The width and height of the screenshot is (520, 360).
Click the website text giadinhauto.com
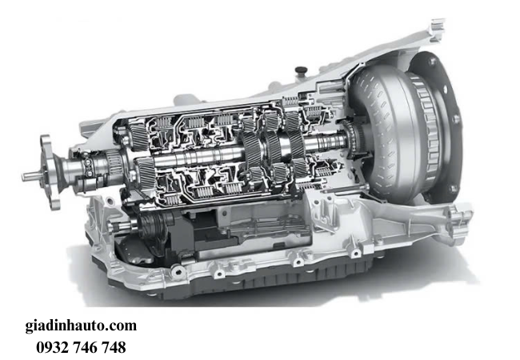81,326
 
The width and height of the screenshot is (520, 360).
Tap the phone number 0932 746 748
81,347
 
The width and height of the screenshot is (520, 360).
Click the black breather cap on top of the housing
301,70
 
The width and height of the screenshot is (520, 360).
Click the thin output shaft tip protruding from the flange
31,176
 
